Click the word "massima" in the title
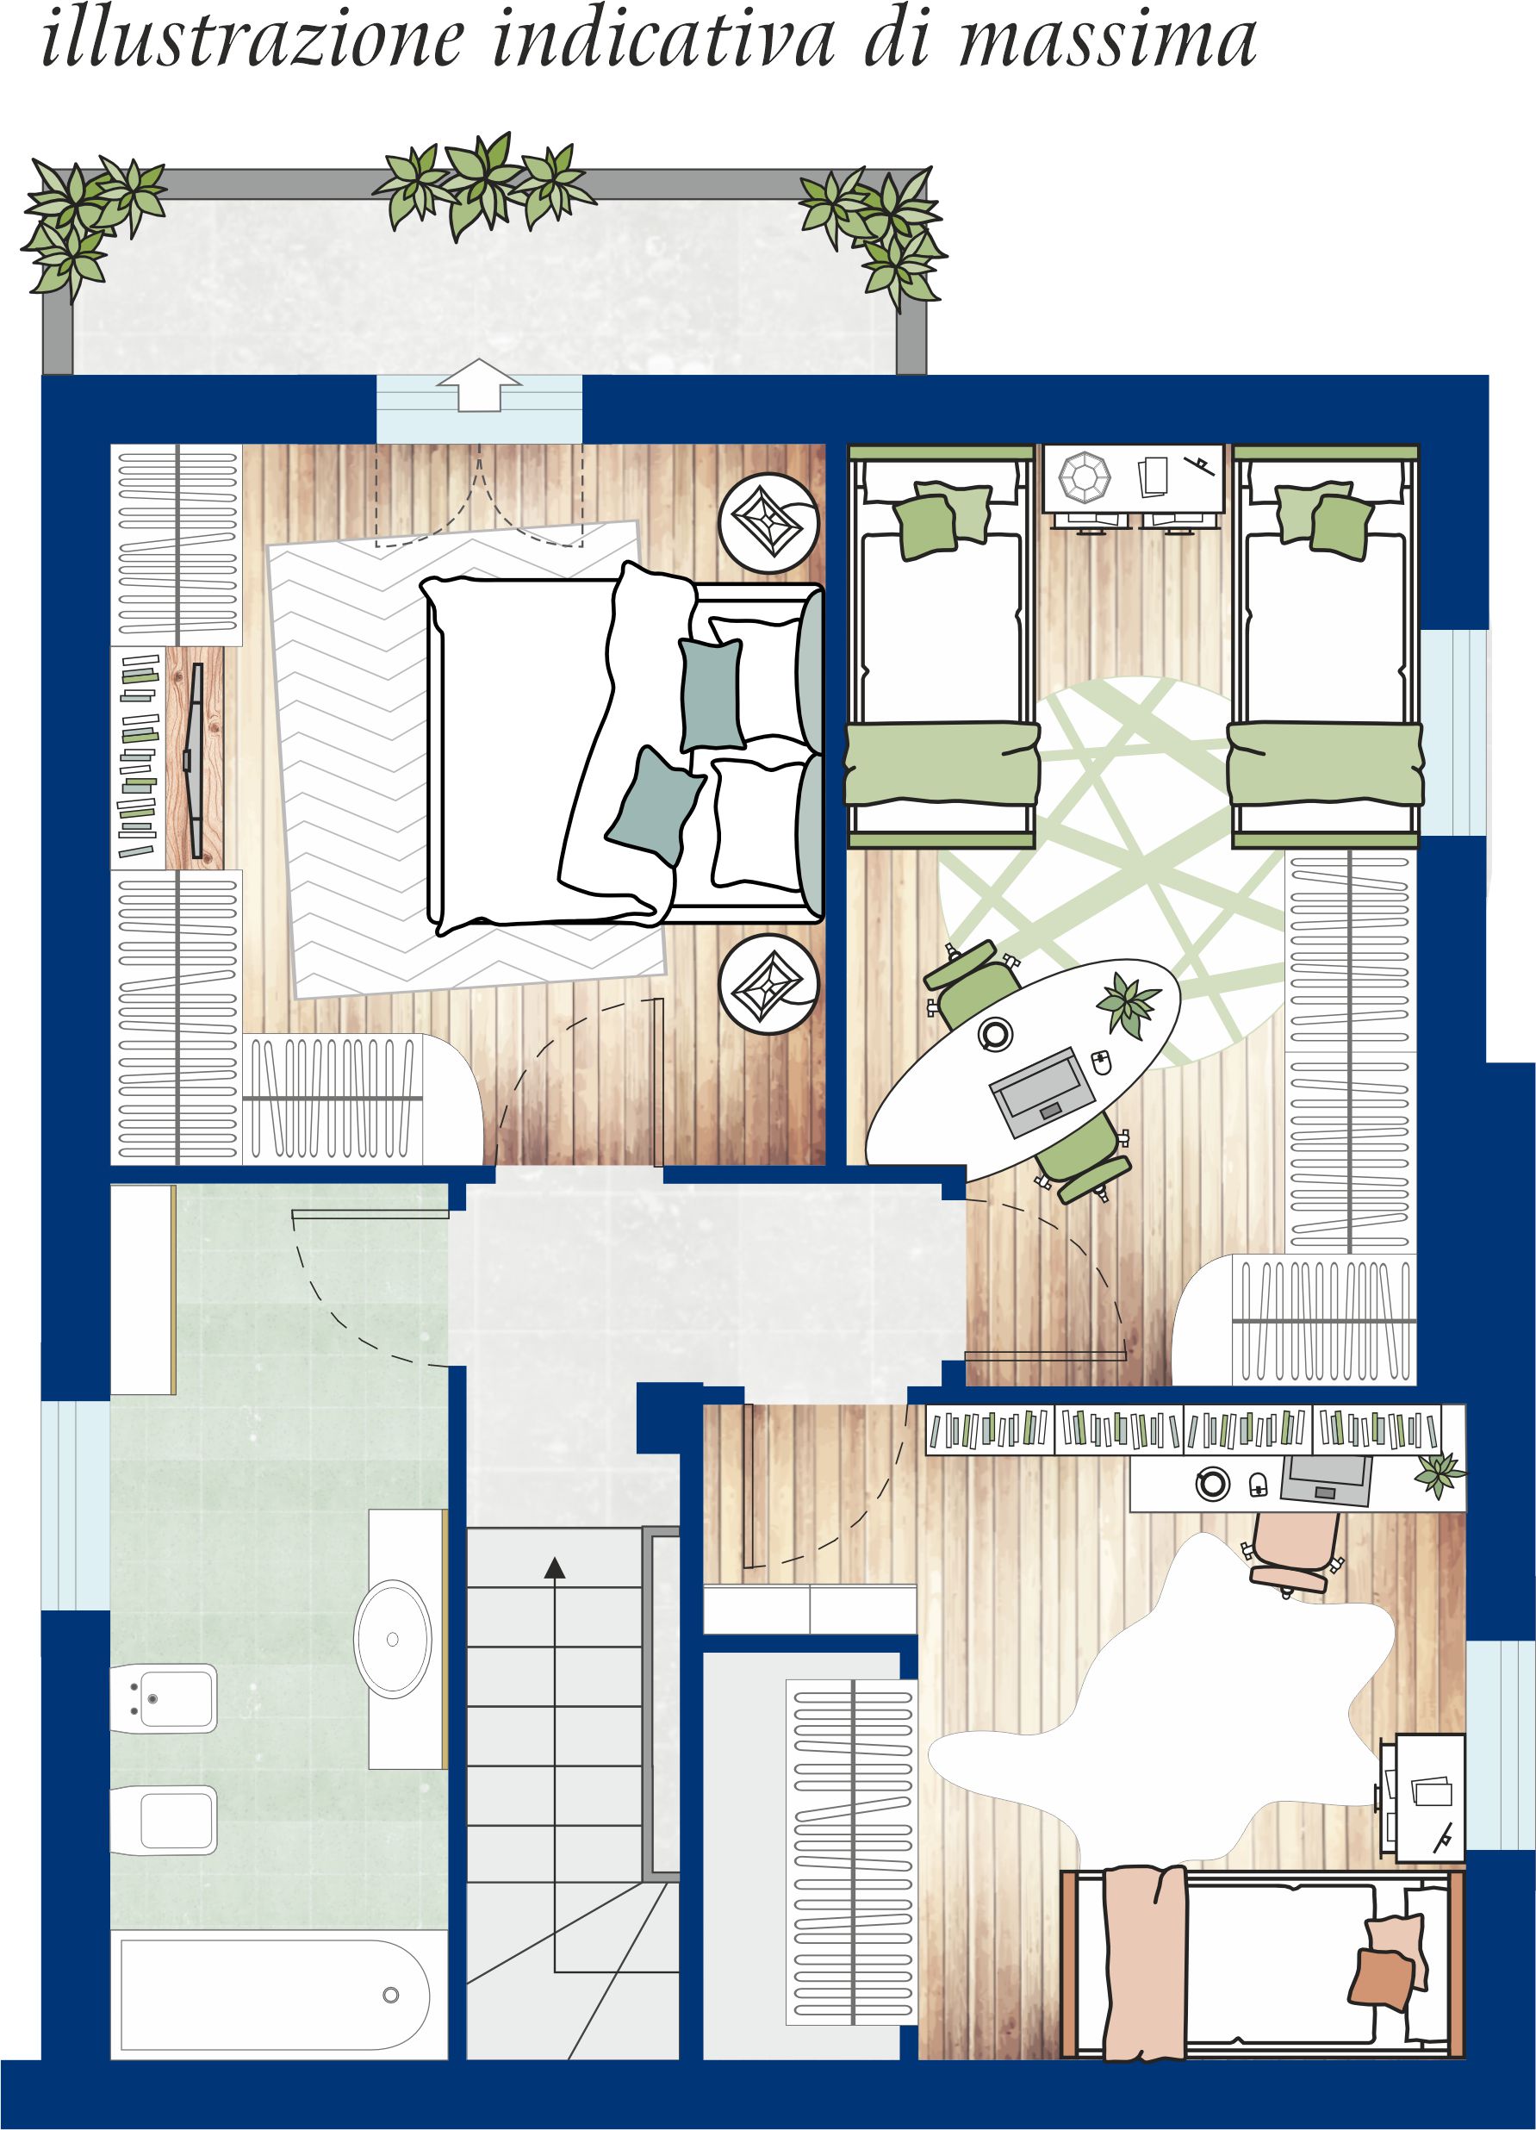pos(1107,39)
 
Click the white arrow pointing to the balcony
pos(479,385)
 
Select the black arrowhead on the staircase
pos(555,1566)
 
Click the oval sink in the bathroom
pos(393,1639)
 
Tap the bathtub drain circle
pos(390,1995)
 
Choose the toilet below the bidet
pos(164,1820)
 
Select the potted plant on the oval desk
pos(1128,1003)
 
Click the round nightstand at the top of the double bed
pos(769,522)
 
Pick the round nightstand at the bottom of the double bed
pos(769,984)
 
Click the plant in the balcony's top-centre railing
pos(483,185)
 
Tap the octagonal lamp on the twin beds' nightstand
pos(1085,477)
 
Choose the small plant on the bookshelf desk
pos(1440,1474)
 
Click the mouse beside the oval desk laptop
pos(1102,1062)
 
